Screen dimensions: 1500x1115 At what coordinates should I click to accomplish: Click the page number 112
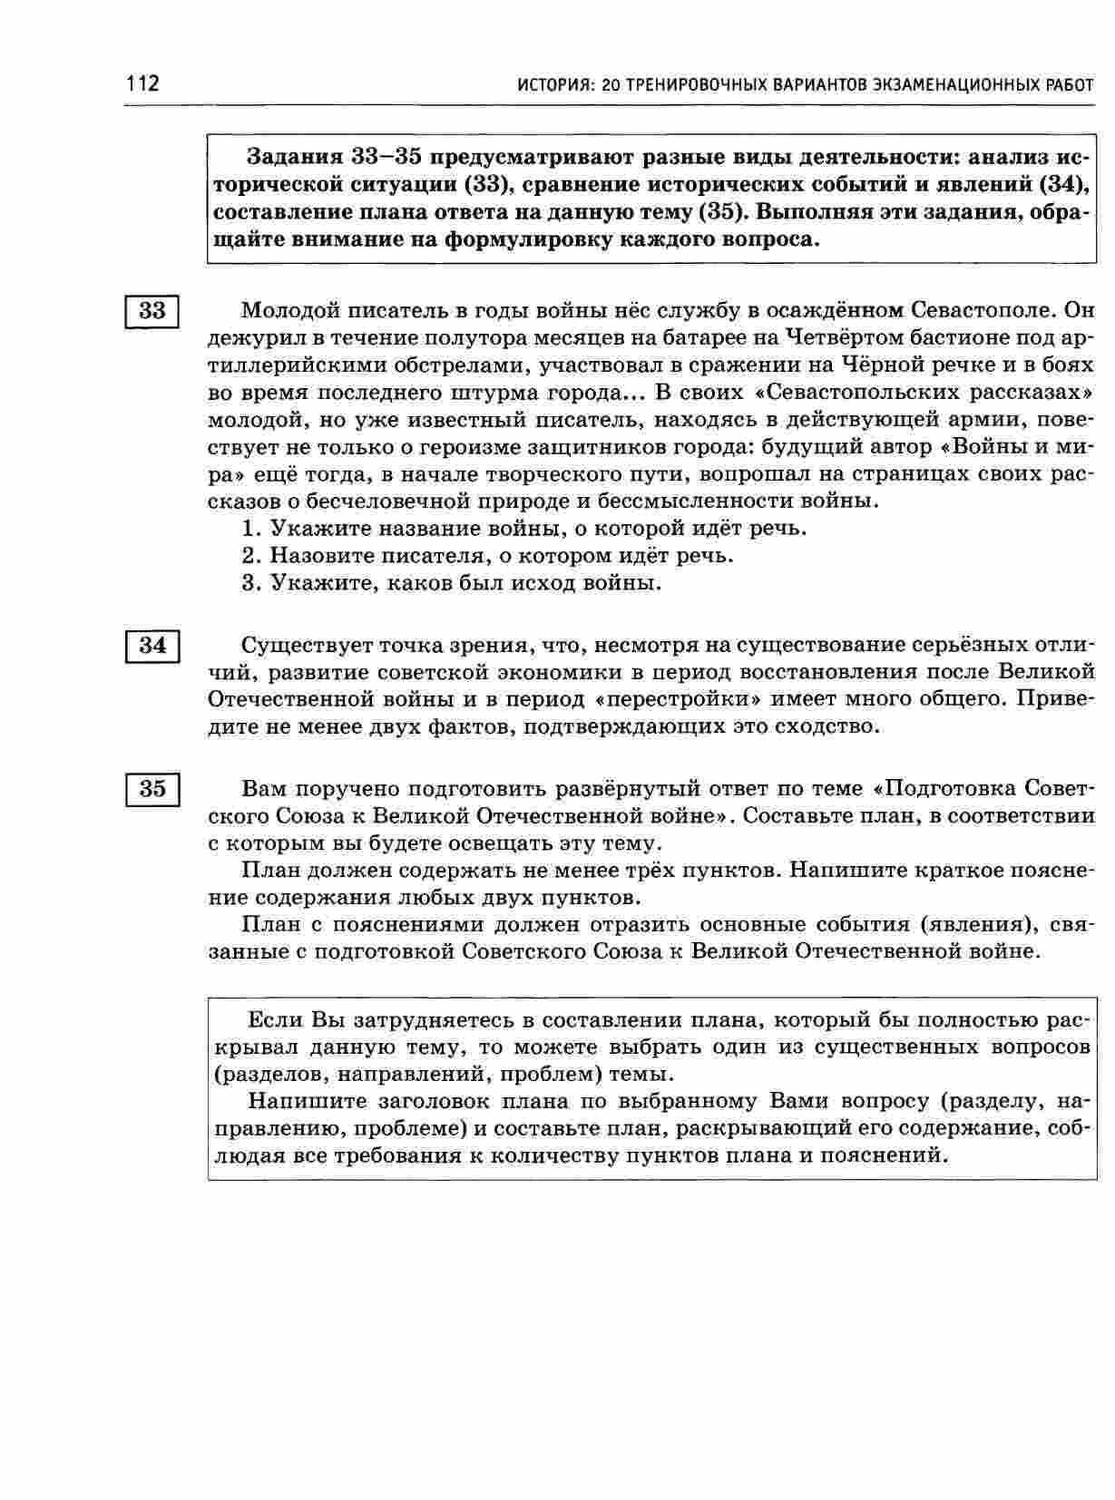coord(142,84)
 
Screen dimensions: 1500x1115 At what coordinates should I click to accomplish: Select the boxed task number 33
coord(152,311)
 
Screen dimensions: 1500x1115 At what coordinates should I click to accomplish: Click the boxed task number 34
coord(152,646)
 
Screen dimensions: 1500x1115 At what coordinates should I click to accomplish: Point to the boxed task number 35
coord(152,788)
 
